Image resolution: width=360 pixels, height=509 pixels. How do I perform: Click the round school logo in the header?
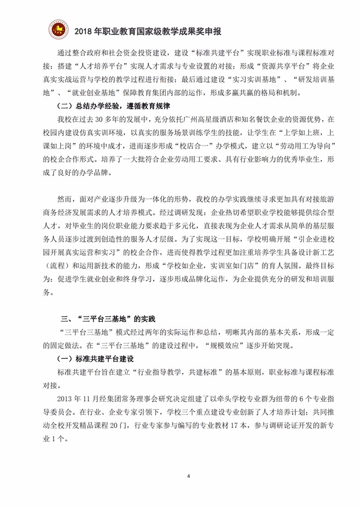58,30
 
